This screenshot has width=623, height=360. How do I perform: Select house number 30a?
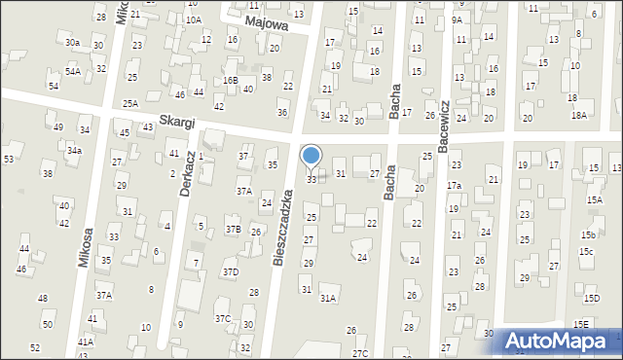[x=72, y=43]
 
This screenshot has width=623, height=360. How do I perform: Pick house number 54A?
[x=72, y=71]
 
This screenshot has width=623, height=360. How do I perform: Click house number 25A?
[x=129, y=103]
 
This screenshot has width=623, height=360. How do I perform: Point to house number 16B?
[x=230, y=80]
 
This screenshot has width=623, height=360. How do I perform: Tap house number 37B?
[x=234, y=230]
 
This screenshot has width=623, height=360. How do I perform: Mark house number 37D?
[x=230, y=271]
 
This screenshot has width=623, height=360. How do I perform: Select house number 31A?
[x=328, y=299]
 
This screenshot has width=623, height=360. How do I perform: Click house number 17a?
[x=454, y=186]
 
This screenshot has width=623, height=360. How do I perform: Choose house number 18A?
[x=578, y=115]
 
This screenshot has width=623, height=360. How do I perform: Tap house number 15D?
[x=592, y=299]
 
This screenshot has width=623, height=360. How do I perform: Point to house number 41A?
[x=86, y=342]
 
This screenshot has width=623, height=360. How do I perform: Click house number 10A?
[x=194, y=19]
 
